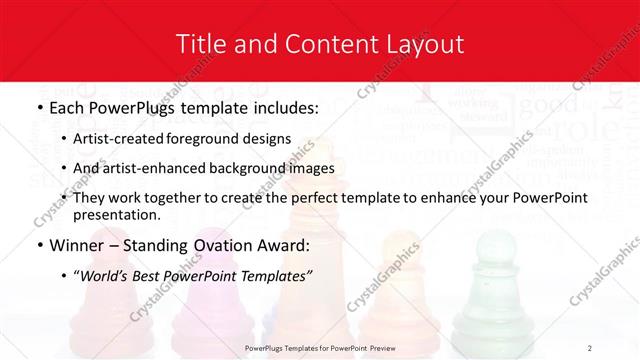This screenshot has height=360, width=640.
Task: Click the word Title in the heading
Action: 200,44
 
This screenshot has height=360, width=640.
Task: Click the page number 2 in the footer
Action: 590,347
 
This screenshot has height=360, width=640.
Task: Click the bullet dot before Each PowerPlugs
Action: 39,107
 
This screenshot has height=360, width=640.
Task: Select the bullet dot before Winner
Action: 39,246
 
